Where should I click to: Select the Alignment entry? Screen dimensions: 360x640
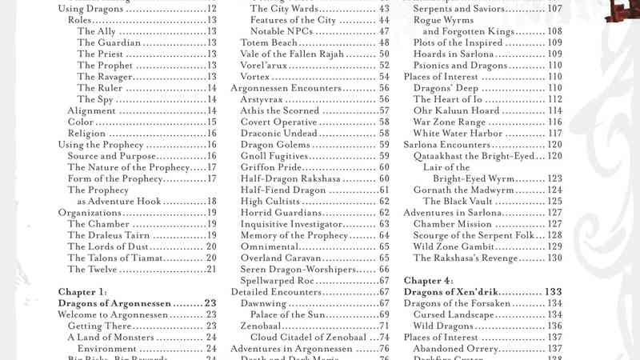pyautogui.click(x=92, y=110)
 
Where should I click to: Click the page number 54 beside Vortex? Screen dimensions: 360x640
pyautogui.click(x=384, y=77)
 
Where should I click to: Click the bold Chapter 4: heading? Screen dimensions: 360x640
pyautogui.click(x=429, y=281)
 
